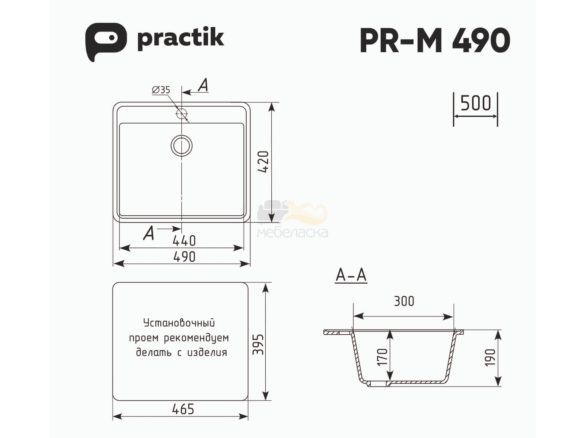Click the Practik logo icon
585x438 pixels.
pos(106,42)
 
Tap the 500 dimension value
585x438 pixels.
pos(475,103)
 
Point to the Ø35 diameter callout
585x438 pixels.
pos(161,90)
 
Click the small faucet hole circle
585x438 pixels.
pos(182,114)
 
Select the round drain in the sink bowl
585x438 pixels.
pos(181,146)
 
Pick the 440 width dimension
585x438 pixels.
pos(184,241)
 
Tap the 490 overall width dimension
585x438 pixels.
pos(184,257)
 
